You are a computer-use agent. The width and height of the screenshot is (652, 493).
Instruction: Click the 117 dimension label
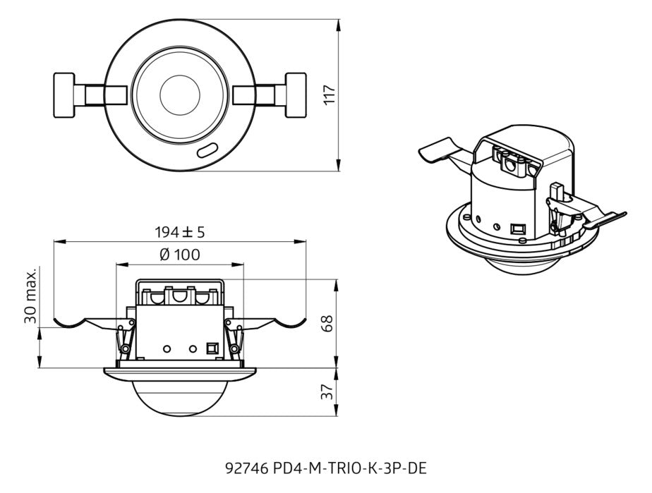tap(330, 95)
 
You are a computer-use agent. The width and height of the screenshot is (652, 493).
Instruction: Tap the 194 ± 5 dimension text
tap(180, 232)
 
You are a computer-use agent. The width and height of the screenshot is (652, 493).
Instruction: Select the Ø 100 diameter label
tap(180, 255)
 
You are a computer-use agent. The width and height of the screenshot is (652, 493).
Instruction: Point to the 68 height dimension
tap(328, 323)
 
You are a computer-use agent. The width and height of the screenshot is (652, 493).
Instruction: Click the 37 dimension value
tap(328, 391)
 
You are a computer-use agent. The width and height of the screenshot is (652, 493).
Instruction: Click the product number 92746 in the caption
tap(246, 468)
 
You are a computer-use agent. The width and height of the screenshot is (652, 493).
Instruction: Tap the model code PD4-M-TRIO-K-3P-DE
tap(350, 468)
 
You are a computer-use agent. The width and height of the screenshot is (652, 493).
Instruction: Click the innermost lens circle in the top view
tap(180, 96)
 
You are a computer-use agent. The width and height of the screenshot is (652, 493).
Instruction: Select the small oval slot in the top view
tap(207, 150)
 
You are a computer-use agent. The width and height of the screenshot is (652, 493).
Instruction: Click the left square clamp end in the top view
tap(64, 96)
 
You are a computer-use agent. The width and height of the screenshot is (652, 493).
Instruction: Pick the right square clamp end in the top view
tap(296, 96)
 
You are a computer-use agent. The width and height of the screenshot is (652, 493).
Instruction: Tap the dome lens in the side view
tap(180, 396)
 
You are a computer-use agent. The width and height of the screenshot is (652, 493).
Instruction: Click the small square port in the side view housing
tap(212, 348)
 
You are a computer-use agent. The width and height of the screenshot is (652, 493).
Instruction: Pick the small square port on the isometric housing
tap(518, 229)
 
